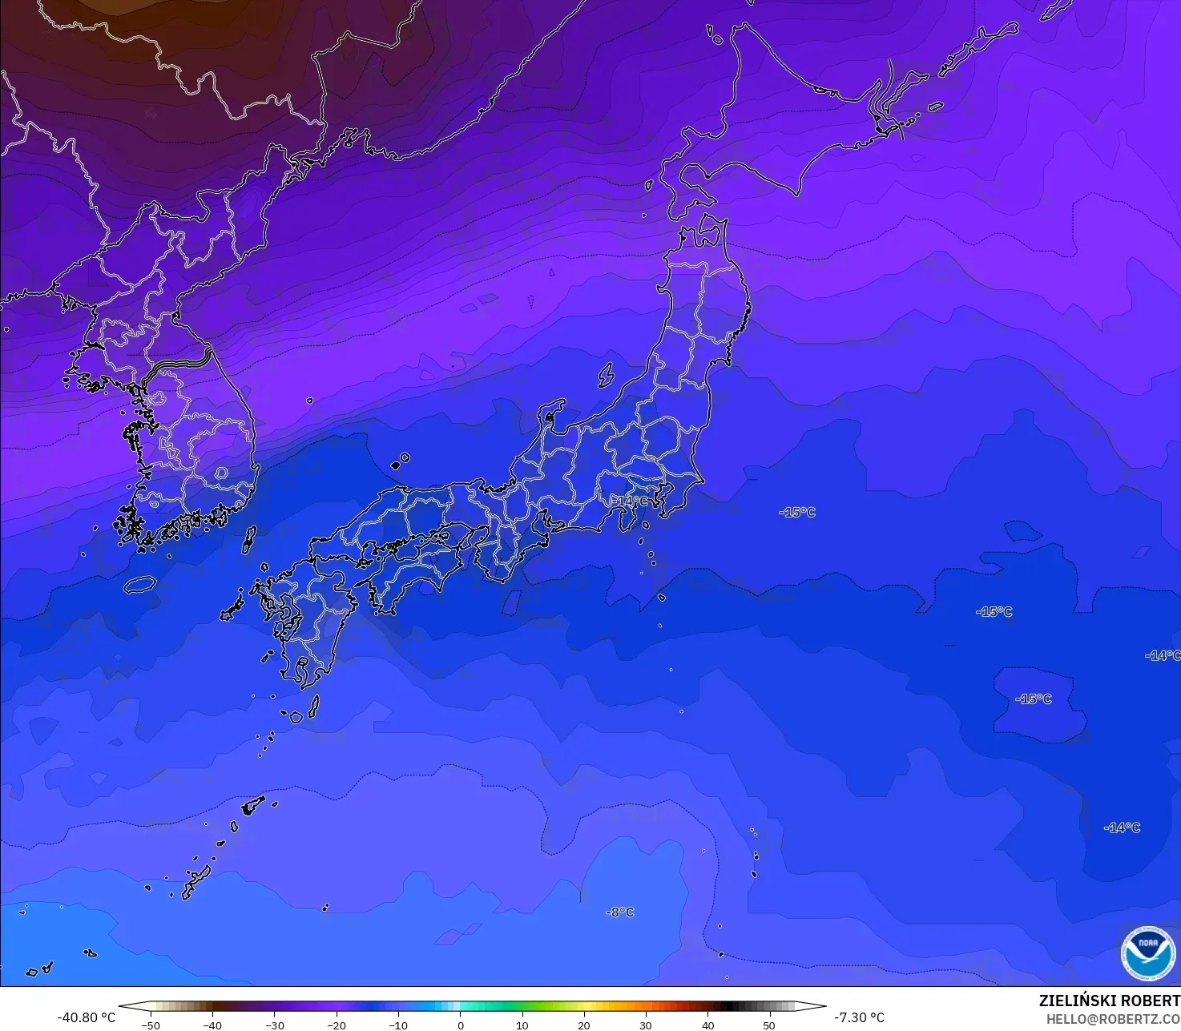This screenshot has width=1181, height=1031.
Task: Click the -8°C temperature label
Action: pyautogui.click(x=620, y=912)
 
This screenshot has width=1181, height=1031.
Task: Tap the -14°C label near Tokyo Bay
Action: pyautogui.click(x=631, y=501)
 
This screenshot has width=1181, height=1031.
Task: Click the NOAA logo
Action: pyautogui.click(x=1147, y=953)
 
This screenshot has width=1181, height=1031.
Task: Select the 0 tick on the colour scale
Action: pyautogui.click(x=460, y=1025)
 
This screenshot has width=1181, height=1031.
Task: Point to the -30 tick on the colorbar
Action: pyautogui.click(x=275, y=1025)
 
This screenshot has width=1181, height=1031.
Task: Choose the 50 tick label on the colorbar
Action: pyautogui.click(x=769, y=1025)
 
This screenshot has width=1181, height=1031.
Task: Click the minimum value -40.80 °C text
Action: pyautogui.click(x=87, y=1017)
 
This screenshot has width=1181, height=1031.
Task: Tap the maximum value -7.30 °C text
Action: pyautogui.click(x=859, y=1017)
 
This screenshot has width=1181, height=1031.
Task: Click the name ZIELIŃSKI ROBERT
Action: pyautogui.click(x=1109, y=1001)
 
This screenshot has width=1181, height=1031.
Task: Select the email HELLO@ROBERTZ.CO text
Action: pyautogui.click(x=1113, y=1019)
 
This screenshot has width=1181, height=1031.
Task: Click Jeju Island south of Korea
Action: pyautogui.click(x=140, y=585)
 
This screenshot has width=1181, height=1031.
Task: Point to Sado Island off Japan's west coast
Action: pyautogui.click(x=606, y=375)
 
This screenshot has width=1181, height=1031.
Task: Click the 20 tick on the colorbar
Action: pyautogui.click(x=584, y=1025)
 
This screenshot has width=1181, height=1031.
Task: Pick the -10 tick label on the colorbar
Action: pyautogui.click(x=398, y=1025)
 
